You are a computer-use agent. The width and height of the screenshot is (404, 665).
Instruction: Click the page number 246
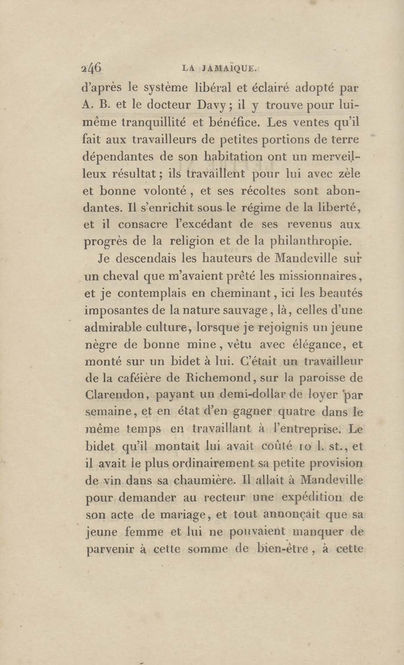(91, 67)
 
